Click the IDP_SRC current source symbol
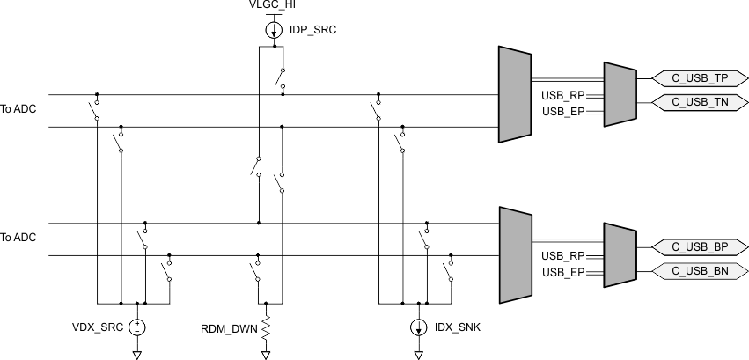(x=274, y=30)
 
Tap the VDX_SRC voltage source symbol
(x=137, y=327)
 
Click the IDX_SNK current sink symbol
(x=417, y=327)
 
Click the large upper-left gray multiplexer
(x=513, y=94)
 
